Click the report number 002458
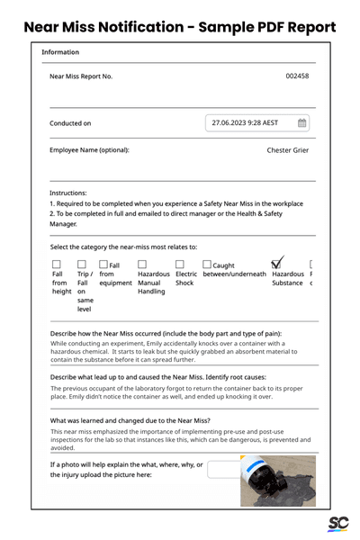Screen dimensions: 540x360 297,76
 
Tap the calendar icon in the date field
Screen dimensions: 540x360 302,122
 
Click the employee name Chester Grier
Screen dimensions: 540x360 288,150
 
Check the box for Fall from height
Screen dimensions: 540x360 58,265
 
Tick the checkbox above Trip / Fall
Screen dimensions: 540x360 82,265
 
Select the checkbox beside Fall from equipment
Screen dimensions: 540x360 103,265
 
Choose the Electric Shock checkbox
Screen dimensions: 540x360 180,265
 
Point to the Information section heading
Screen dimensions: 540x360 60,52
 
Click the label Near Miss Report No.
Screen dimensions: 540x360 81,76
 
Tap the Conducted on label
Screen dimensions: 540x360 70,123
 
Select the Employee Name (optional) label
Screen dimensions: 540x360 89,150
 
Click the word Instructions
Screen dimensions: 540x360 68,193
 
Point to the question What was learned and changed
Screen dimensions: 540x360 130,420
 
